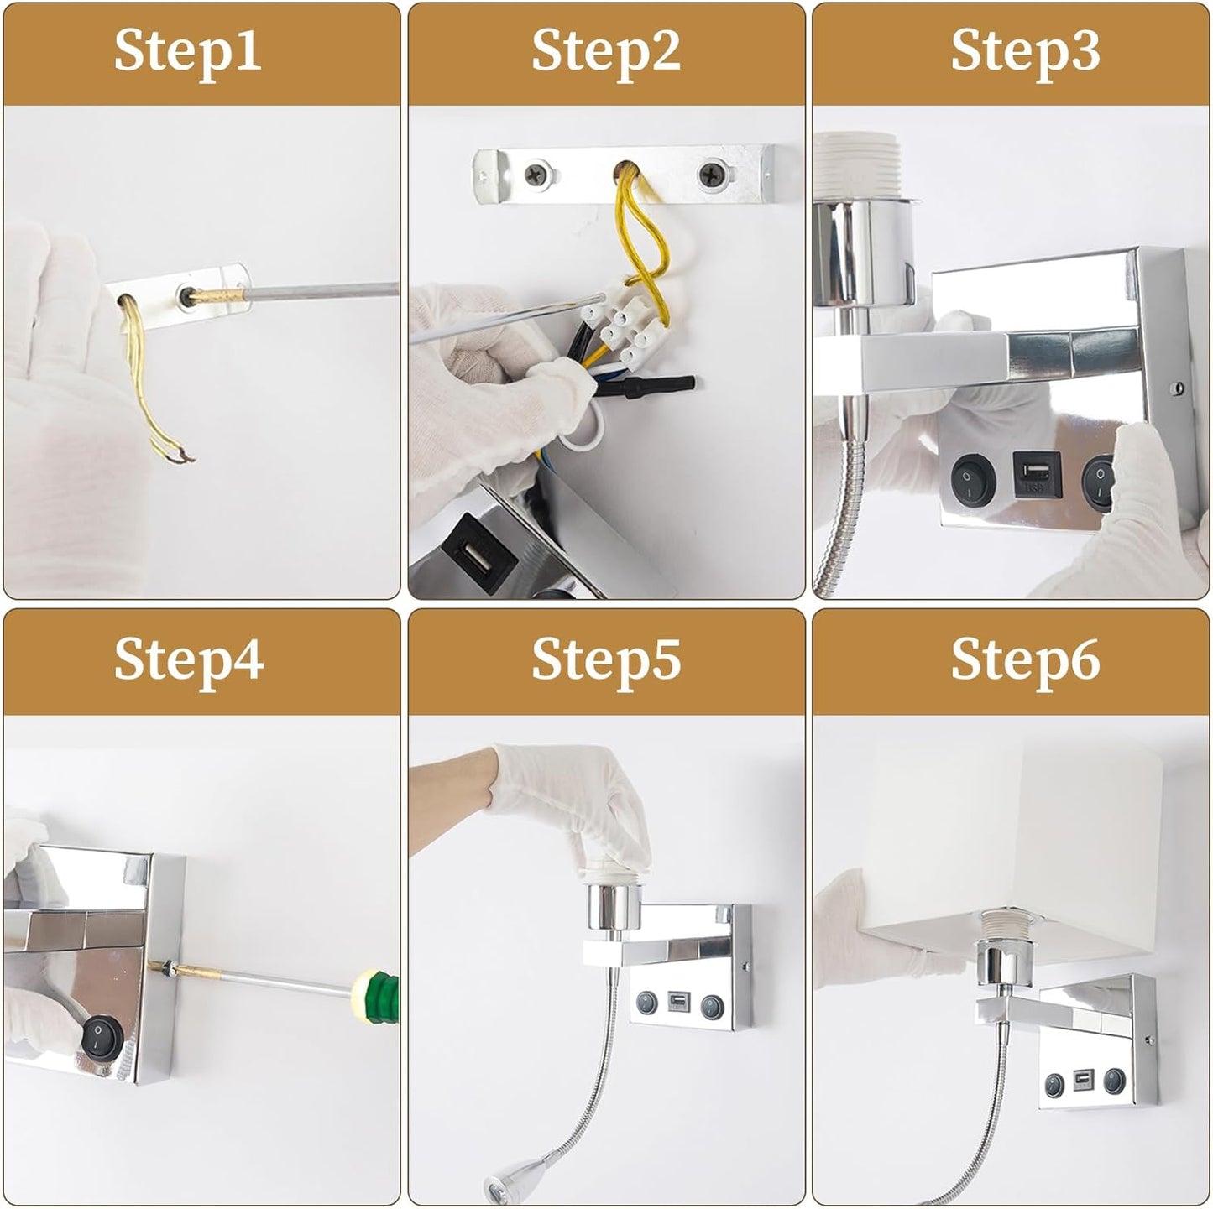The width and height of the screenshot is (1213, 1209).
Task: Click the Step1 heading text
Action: pyautogui.click(x=187, y=53)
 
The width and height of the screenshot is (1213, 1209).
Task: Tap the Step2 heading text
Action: pyautogui.click(x=605, y=53)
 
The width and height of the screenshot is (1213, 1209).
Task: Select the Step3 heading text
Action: pyautogui.click(x=1025, y=53)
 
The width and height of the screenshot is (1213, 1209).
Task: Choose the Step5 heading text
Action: pyautogui.click(x=605, y=661)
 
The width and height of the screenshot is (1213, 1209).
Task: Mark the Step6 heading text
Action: pyautogui.click(x=1025, y=661)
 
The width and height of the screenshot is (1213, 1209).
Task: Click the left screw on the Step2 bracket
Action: pyautogui.click(x=538, y=175)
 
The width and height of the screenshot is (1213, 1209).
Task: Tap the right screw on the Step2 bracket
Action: pyautogui.click(x=712, y=175)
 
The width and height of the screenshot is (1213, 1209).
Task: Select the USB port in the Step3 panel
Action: pyautogui.click(x=1037, y=474)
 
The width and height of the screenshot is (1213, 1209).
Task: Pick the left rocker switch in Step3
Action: pyautogui.click(x=973, y=477)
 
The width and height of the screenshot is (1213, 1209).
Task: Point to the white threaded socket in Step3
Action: pyautogui.click(x=860, y=168)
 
